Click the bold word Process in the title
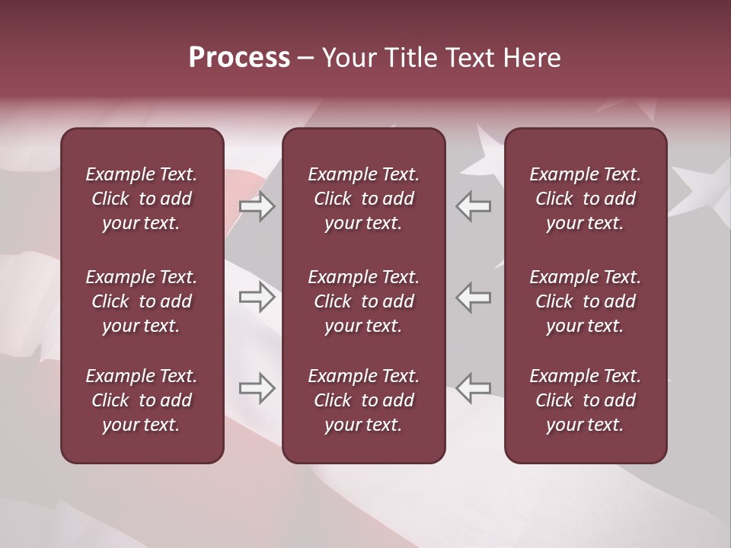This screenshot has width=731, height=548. [239, 58]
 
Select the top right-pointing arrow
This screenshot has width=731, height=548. [257, 206]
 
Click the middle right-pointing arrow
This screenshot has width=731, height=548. [257, 297]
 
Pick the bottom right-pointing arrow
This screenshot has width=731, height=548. [257, 388]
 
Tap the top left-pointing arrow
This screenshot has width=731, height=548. [474, 206]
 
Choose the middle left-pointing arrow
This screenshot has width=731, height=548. [474, 297]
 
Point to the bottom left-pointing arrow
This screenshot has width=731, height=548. [474, 388]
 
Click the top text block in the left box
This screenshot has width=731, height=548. [142, 199]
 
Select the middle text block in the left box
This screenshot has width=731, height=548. [142, 301]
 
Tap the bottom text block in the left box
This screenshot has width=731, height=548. [142, 400]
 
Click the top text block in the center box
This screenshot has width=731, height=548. [363, 199]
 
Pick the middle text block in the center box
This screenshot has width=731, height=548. [363, 301]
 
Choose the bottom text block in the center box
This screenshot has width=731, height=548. [363, 400]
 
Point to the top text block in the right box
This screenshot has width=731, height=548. [585, 199]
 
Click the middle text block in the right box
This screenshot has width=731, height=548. [585, 301]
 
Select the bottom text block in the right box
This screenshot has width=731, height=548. [585, 400]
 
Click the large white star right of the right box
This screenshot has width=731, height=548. [697, 186]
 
